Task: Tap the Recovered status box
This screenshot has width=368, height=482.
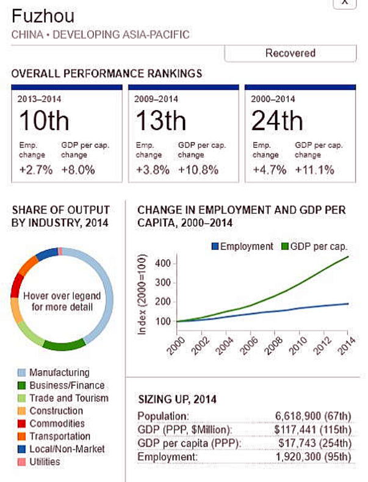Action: point(290,53)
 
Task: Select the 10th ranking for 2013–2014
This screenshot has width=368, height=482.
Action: point(44,120)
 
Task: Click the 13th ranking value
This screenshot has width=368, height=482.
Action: point(161,120)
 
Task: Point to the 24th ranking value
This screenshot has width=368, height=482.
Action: point(277,120)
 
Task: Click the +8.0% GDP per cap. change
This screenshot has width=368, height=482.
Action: point(78,170)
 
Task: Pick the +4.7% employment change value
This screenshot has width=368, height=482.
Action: point(269,170)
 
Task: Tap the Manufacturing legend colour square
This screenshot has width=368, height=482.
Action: point(21,373)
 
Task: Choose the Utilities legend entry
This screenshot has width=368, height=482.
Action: point(45,462)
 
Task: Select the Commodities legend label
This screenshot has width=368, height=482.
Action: point(57,423)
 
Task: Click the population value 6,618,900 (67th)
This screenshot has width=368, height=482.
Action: point(313,417)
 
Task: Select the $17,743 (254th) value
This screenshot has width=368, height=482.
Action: point(315,444)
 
